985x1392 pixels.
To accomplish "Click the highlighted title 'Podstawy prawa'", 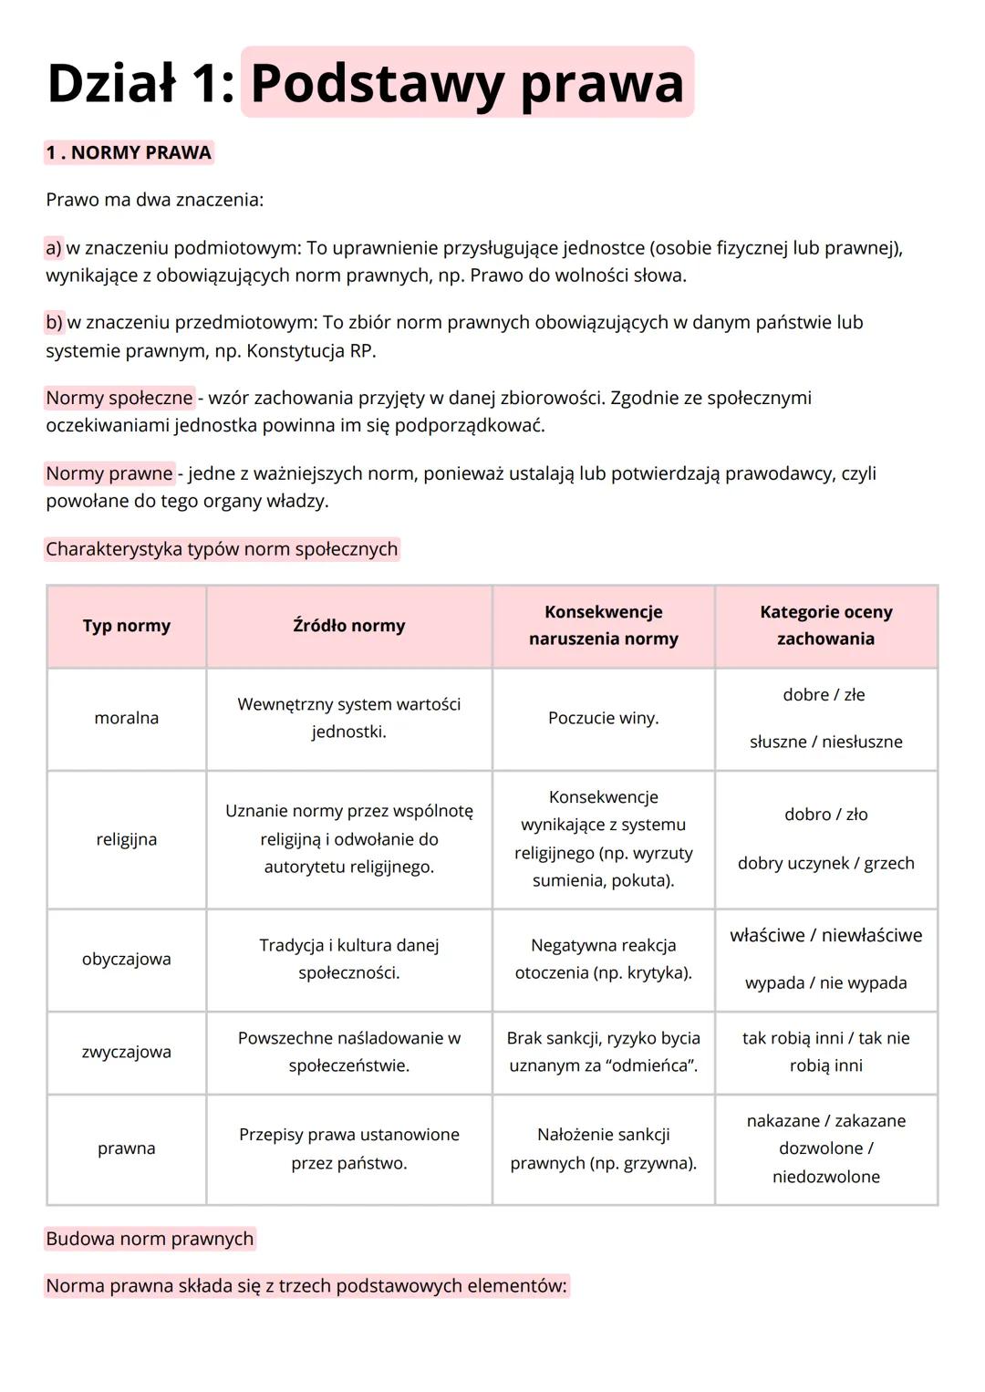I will click(x=467, y=83).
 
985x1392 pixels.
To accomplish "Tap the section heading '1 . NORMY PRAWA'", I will click(x=129, y=152).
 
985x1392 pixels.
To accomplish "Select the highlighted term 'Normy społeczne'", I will click(x=119, y=398).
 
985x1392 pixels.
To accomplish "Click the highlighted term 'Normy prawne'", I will click(x=109, y=473).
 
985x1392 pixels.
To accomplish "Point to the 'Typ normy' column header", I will click(x=127, y=626).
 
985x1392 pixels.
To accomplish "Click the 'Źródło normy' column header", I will click(x=348, y=626).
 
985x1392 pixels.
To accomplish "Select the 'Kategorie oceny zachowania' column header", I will click(x=825, y=626).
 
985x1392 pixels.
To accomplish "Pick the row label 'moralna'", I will click(x=127, y=718).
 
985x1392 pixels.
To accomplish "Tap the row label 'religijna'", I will click(x=127, y=839).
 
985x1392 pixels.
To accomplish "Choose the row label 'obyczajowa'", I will click(x=127, y=959).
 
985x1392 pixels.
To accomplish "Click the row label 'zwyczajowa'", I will click(x=127, y=1052).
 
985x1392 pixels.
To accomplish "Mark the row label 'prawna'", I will click(x=127, y=1148).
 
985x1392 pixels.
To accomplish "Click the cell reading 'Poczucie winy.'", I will click(x=603, y=718).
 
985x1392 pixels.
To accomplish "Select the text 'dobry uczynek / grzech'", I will click(x=825, y=863).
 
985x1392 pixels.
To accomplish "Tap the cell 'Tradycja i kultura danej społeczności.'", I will click(x=348, y=959).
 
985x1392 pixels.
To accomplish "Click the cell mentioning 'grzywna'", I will click(x=603, y=1149).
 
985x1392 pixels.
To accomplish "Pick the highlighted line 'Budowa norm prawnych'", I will click(x=150, y=1239).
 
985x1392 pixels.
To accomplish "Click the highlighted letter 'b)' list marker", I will click(x=55, y=322).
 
